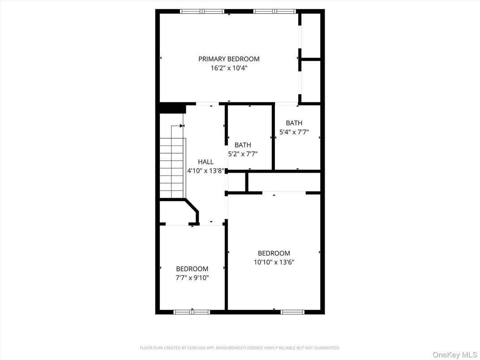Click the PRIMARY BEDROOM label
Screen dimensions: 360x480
point(229,59)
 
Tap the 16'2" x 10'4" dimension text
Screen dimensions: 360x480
point(229,68)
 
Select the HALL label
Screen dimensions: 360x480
point(206,162)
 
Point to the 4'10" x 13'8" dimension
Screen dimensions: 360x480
point(206,171)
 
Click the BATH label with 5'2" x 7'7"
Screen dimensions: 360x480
point(243,145)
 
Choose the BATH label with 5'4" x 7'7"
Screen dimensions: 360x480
point(294,123)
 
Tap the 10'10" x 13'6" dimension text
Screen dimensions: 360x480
point(274,262)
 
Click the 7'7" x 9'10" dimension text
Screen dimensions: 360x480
point(192,278)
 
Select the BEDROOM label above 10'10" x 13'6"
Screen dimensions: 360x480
point(274,253)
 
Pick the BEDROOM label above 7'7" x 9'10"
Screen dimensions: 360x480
point(192,269)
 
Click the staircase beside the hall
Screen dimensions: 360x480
point(172,167)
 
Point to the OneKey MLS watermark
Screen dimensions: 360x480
point(454,355)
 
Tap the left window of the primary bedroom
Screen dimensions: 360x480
point(202,11)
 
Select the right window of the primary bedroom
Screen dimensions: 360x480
point(274,11)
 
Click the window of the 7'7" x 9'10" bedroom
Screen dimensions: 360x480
point(192,312)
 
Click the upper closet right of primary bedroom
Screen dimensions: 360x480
point(311,36)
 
